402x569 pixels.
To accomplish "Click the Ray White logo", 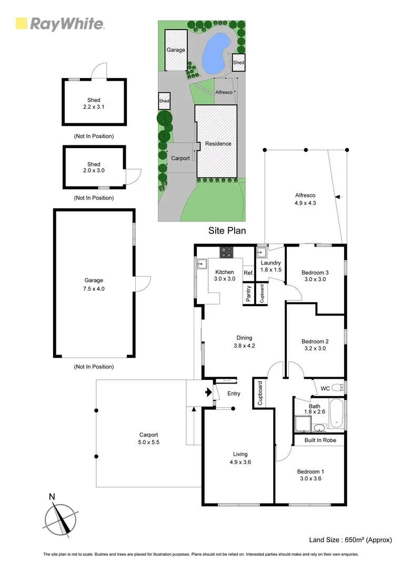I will point(60,24).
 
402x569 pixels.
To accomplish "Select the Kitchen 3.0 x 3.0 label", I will point(224,276).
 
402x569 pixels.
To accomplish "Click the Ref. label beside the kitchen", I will point(249,273).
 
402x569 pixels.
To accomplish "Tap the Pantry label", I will point(248,293).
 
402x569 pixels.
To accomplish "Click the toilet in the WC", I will point(340,388).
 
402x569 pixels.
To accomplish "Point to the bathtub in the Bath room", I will point(337,415).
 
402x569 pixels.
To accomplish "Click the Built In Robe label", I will point(319,440).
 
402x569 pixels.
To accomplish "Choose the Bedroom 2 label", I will point(315,345).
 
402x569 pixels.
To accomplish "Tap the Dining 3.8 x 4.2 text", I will point(244,342).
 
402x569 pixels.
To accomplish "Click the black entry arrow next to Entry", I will point(209,393).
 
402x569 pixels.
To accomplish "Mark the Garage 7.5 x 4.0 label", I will point(94,284).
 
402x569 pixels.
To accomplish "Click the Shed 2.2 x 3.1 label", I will point(94,103).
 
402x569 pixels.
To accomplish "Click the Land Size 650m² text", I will point(350,539).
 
